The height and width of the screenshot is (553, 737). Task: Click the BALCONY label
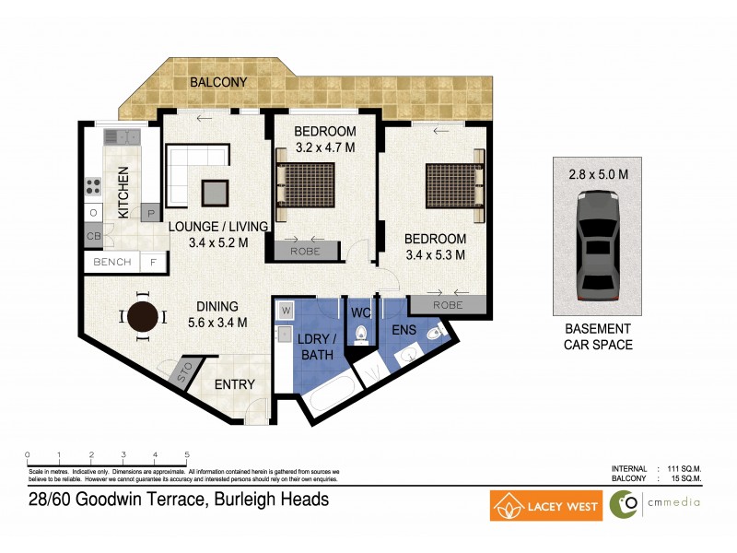coord(217,83)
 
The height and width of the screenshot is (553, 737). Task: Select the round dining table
coord(143,317)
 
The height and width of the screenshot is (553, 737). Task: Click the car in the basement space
coord(596,246)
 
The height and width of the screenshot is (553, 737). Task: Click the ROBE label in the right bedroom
coord(448,305)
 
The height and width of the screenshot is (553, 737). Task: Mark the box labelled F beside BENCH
coord(153,263)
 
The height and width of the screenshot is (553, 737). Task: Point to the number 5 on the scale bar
coord(188,454)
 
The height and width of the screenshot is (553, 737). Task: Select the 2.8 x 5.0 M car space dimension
coord(597,173)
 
